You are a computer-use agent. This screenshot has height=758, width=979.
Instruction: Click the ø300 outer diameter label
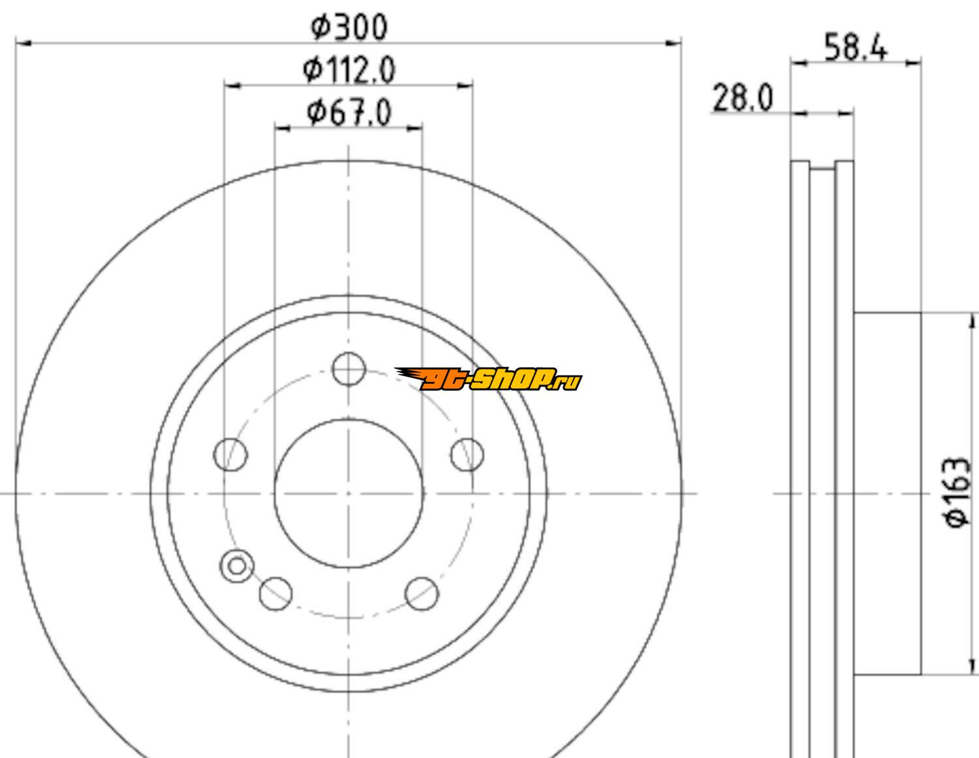click(349, 27)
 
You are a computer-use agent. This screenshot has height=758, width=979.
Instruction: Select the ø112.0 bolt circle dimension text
click(349, 70)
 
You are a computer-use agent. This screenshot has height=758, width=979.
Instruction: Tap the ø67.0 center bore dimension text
click(349, 113)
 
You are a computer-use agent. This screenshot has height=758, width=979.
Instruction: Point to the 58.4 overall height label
click(856, 47)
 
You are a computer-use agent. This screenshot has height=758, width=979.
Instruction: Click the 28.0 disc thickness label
click(743, 98)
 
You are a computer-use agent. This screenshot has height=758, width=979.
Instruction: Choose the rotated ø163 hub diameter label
click(956, 492)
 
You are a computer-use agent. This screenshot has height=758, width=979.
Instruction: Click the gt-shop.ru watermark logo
click(488, 379)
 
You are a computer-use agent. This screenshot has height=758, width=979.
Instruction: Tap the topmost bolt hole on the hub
click(349, 369)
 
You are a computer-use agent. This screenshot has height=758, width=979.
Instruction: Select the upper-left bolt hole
click(230, 454)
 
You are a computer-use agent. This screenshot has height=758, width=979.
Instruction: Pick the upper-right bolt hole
click(467, 454)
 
